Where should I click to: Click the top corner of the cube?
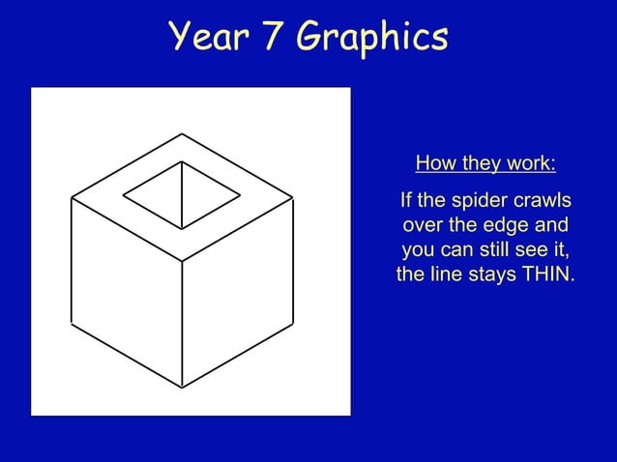click(x=182, y=133)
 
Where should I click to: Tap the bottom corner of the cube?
click(x=183, y=387)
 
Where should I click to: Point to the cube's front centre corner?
click(x=183, y=260)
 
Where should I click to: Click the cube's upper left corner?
click(x=72, y=197)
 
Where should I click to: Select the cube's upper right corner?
click(x=293, y=197)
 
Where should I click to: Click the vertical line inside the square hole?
click(x=182, y=193)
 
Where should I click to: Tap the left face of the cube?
click(x=127, y=290)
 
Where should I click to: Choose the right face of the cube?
click(x=238, y=290)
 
